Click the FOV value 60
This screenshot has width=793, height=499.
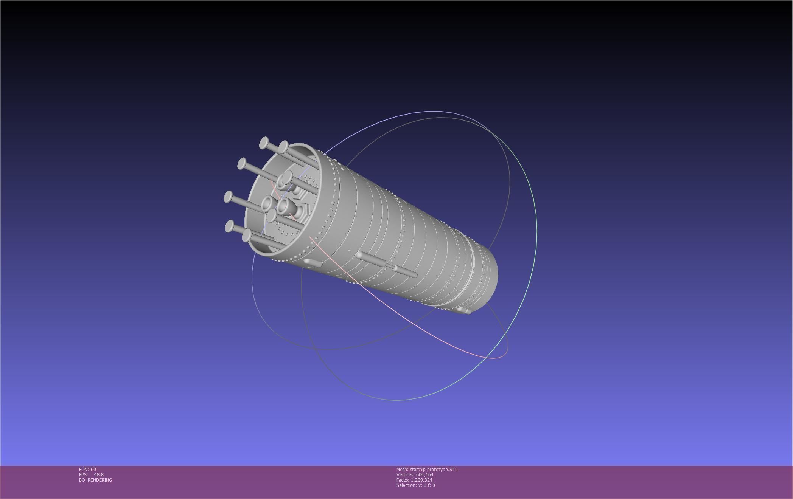[93, 470]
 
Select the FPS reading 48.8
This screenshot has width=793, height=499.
[99, 475]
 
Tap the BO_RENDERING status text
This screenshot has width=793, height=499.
[95, 480]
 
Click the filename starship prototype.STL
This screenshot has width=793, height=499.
[434, 470]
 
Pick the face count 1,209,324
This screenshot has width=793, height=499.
[421, 480]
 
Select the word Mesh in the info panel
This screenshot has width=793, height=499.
[402, 470]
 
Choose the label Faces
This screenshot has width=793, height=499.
[403, 480]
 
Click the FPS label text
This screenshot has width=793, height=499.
[83, 475]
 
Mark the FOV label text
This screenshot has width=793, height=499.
[84, 470]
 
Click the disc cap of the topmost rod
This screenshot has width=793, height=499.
[264, 143]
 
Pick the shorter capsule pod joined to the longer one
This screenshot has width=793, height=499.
[406, 272]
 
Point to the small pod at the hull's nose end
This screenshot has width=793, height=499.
[464, 311]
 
